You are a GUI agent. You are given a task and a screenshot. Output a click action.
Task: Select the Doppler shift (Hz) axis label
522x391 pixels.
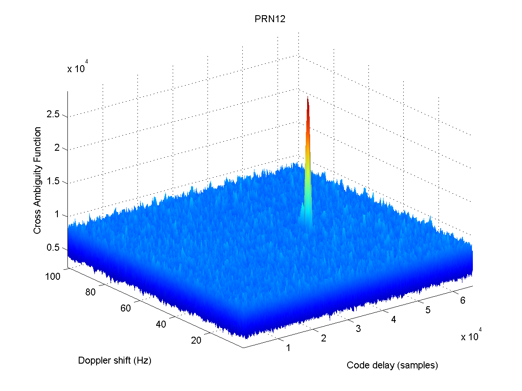click(x=114, y=360)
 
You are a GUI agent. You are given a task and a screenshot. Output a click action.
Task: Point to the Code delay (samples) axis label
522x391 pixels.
click(x=392, y=365)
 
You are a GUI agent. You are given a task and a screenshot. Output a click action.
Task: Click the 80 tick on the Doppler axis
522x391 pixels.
click(x=90, y=292)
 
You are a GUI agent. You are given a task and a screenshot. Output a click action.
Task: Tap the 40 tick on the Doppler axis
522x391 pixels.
click(x=161, y=325)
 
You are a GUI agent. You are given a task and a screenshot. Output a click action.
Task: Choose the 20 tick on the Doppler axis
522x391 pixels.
click(x=196, y=341)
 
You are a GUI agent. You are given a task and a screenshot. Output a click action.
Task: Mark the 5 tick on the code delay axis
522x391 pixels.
click(x=428, y=310)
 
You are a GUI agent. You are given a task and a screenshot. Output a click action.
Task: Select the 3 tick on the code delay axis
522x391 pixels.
click(x=358, y=329)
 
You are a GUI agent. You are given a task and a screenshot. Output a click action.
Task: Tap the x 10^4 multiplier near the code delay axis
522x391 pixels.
click(x=472, y=336)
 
